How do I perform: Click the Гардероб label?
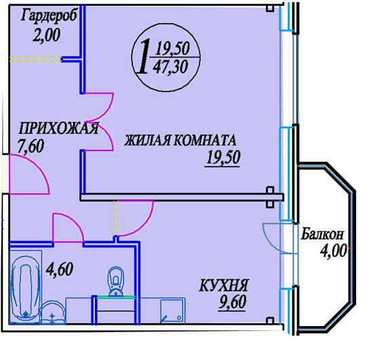49,16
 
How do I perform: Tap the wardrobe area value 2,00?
46,35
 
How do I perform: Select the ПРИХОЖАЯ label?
58,129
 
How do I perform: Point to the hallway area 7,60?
31,146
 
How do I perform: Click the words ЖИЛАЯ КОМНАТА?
180,140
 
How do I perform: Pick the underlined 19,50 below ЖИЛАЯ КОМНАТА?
223,158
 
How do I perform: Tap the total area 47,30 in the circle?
170,67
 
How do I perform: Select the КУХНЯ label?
224,285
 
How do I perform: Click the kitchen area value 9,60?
233,302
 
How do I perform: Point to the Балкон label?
322,234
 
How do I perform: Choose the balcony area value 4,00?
333,251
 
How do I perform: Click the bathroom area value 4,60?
60,269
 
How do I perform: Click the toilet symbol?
116,282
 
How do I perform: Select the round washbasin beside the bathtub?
52,313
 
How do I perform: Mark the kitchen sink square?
172,311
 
